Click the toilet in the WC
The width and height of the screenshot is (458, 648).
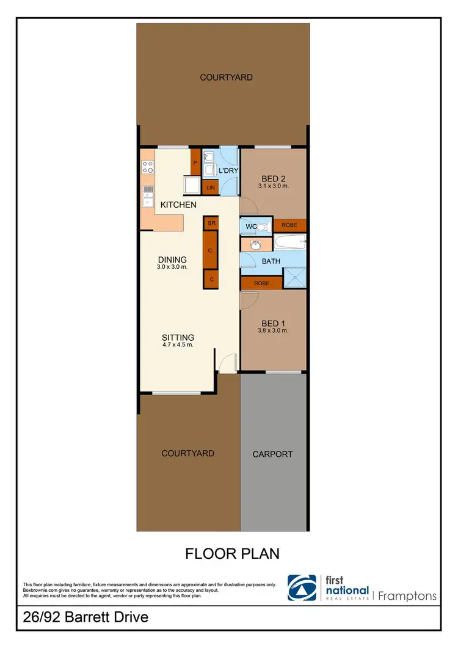(x=263, y=227)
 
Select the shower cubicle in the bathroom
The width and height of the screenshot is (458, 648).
(x=294, y=278)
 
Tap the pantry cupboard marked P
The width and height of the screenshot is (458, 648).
(x=195, y=163)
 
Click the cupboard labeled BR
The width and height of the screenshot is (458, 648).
(x=211, y=224)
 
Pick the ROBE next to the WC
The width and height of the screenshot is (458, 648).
(x=289, y=225)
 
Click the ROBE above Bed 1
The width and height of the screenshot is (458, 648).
(x=261, y=283)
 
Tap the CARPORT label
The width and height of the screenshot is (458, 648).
(x=273, y=454)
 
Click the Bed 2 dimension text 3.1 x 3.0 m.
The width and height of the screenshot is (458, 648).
(x=273, y=186)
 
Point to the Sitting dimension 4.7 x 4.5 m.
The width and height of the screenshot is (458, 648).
(x=178, y=345)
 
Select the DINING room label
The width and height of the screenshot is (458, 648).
(x=172, y=259)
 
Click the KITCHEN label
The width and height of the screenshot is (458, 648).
(x=178, y=205)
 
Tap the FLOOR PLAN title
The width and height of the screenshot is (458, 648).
(x=232, y=553)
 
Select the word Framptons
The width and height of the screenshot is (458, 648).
(x=407, y=595)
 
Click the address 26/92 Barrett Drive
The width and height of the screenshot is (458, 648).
(x=85, y=617)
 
